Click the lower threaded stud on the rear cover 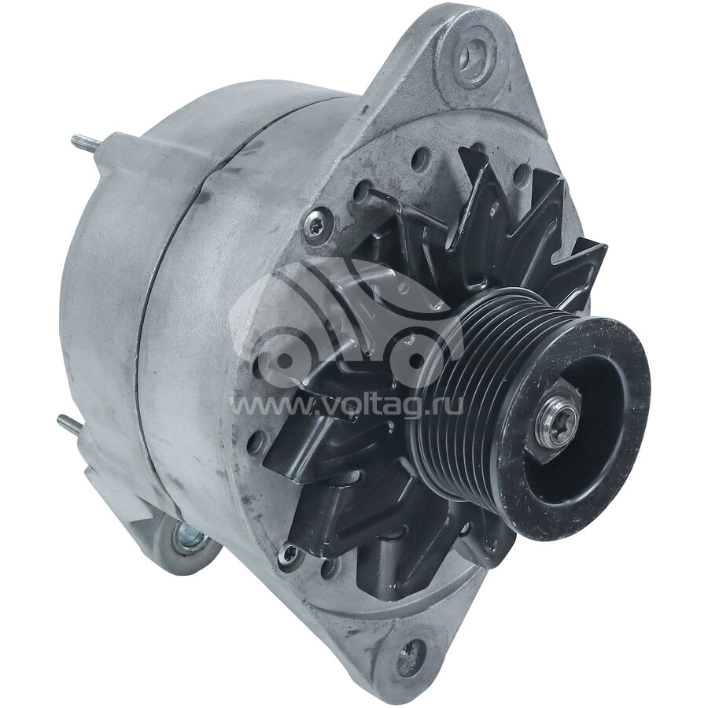coord(70,426)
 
